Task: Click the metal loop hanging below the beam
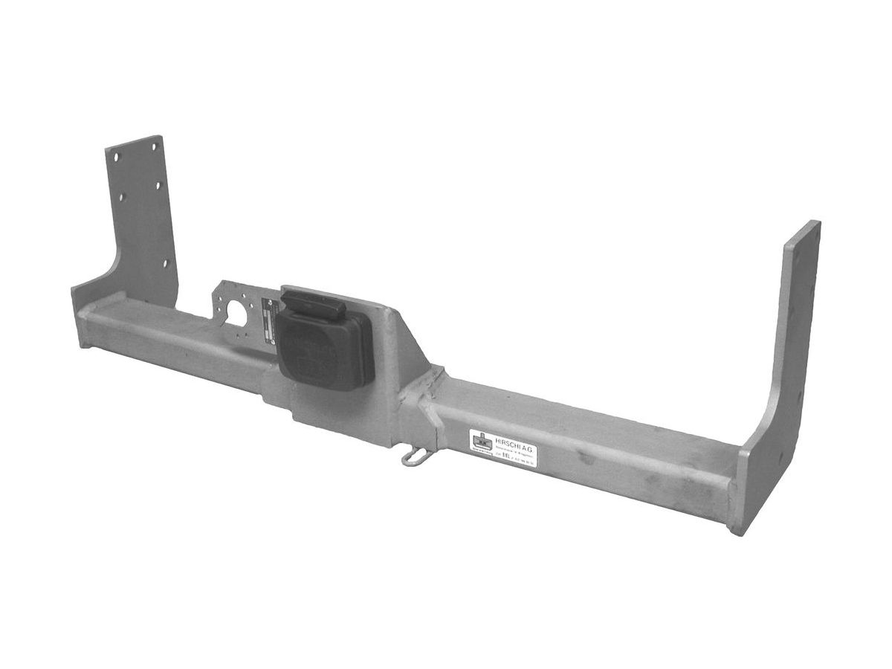coord(414,456)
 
